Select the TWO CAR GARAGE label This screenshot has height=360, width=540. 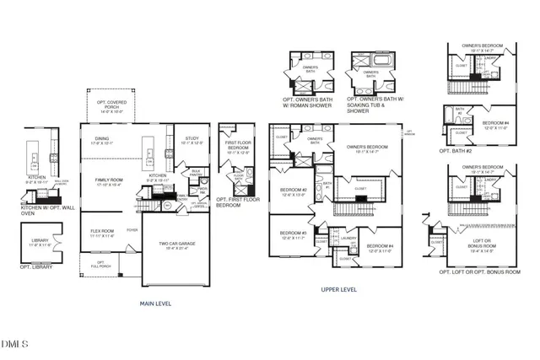178,246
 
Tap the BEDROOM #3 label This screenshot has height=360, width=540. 292,234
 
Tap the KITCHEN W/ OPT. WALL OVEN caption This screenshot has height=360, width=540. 45,205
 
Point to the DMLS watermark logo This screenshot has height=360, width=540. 15,344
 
